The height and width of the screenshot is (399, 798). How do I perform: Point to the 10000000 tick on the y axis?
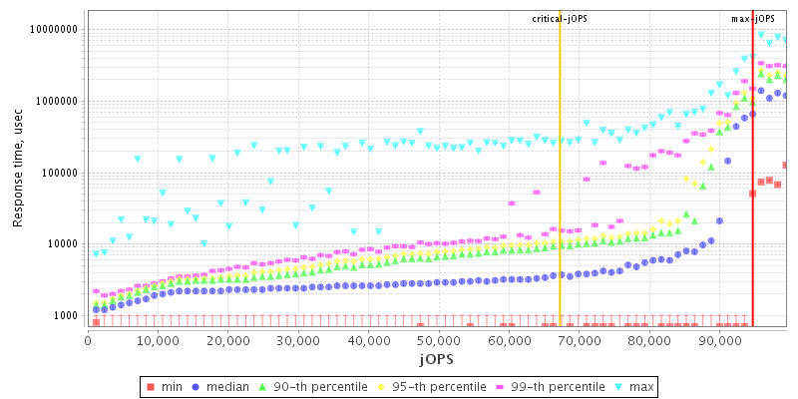tap(49, 30)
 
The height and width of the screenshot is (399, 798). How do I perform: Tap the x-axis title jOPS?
tap(438, 356)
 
